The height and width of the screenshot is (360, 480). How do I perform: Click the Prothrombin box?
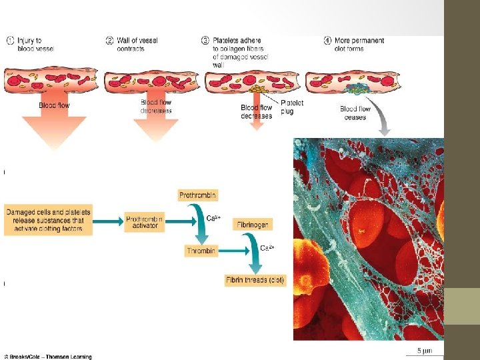coord(198,195)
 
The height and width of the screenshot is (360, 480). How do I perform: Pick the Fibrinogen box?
coord(252,225)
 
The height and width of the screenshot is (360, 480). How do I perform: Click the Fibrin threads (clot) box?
coord(255,281)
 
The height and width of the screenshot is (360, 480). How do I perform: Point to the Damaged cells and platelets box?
coord(48,221)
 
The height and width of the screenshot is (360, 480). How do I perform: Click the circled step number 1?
coord(11,41)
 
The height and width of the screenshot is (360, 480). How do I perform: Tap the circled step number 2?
coord(109,41)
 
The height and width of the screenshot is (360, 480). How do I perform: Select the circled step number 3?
coord(205,41)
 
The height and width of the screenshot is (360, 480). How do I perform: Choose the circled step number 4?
coord(328,41)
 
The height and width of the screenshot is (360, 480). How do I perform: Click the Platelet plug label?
coord(292,107)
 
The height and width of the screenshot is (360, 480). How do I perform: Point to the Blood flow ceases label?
coord(355,113)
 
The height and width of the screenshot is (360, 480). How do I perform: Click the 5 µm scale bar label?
coord(425,351)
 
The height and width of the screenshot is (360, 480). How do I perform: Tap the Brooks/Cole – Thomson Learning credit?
coord(48,357)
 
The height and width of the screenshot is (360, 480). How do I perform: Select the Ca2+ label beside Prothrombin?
coord(213,218)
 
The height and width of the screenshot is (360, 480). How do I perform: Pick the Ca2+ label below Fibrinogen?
coord(267,248)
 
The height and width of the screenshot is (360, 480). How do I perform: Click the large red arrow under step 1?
coord(54,130)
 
